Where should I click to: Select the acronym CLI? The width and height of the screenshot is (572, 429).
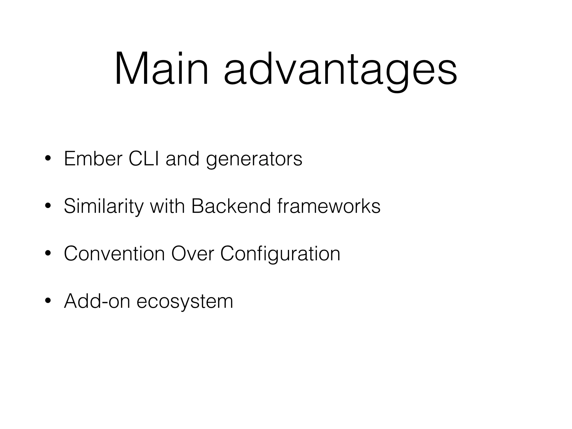[144, 159]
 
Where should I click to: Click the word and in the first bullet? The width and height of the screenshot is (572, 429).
[182, 159]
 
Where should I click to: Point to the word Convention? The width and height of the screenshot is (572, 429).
[114, 254]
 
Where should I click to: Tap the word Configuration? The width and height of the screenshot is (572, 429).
[280, 254]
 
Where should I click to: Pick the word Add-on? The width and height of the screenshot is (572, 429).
[97, 301]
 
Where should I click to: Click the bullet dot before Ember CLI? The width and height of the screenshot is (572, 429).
[48, 159]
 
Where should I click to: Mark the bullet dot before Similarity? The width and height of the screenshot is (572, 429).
[48, 206]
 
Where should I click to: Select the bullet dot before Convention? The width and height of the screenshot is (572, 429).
[48, 254]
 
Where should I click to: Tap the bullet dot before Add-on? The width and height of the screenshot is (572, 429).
[48, 301]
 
